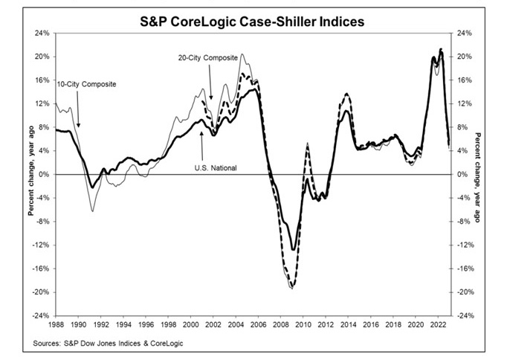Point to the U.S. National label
[x=215, y=168]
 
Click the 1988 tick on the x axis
[x=57, y=325]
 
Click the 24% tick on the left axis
[x=42, y=33]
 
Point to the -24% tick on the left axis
[x=40, y=315]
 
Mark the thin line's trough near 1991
[x=93, y=211]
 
